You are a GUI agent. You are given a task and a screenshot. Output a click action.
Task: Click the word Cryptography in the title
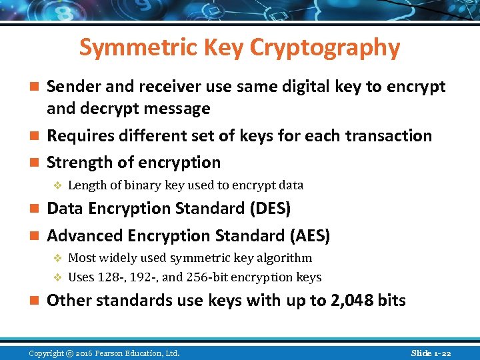click(x=325, y=47)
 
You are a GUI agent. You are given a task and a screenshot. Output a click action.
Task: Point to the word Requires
click(x=77, y=136)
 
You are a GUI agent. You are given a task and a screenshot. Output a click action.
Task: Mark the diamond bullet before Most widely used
click(x=57, y=258)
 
